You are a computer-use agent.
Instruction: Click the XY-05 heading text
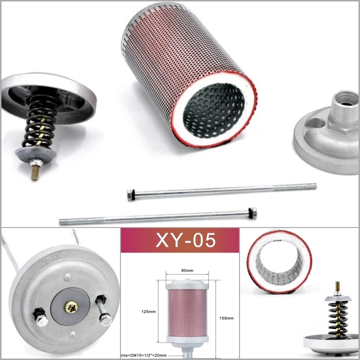click(180, 240)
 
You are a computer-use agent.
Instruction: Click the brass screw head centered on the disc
click(72, 306)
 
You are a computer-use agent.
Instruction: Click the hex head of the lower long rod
click(252, 211)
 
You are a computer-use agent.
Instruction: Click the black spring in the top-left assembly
click(40, 123)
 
